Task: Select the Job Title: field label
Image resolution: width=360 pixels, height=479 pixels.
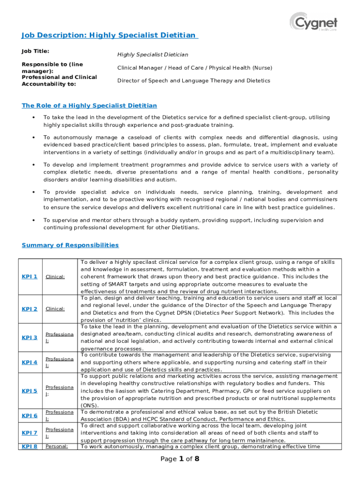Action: (x=36, y=51)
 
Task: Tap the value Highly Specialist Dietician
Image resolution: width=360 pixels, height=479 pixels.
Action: (x=152, y=55)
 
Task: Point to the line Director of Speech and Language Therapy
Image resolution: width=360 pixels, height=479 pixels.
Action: (x=193, y=80)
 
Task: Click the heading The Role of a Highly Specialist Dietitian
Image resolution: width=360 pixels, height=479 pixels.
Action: (x=89, y=106)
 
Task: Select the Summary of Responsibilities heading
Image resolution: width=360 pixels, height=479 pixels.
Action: (x=70, y=245)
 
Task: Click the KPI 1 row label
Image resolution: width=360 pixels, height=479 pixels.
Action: (x=29, y=276)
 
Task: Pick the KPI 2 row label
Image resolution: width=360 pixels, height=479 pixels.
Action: (x=29, y=309)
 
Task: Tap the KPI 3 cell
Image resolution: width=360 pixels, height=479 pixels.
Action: (x=29, y=337)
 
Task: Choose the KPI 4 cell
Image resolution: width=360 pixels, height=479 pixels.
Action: (x=29, y=362)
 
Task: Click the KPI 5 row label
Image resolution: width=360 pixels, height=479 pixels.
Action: (x=29, y=391)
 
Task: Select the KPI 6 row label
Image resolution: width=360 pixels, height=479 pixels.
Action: (x=29, y=415)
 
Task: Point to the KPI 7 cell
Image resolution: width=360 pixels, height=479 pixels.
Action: (x=29, y=433)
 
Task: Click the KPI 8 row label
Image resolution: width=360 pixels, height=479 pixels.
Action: (x=29, y=446)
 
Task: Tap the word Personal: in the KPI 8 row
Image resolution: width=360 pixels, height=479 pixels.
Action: (x=57, y=446)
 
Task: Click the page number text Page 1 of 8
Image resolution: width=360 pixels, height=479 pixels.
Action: (x=180, y=459)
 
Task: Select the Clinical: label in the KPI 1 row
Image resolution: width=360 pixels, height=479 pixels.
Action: (x=55, y=277)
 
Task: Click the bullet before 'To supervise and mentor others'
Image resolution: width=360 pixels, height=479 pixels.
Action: (x=33, y=220)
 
